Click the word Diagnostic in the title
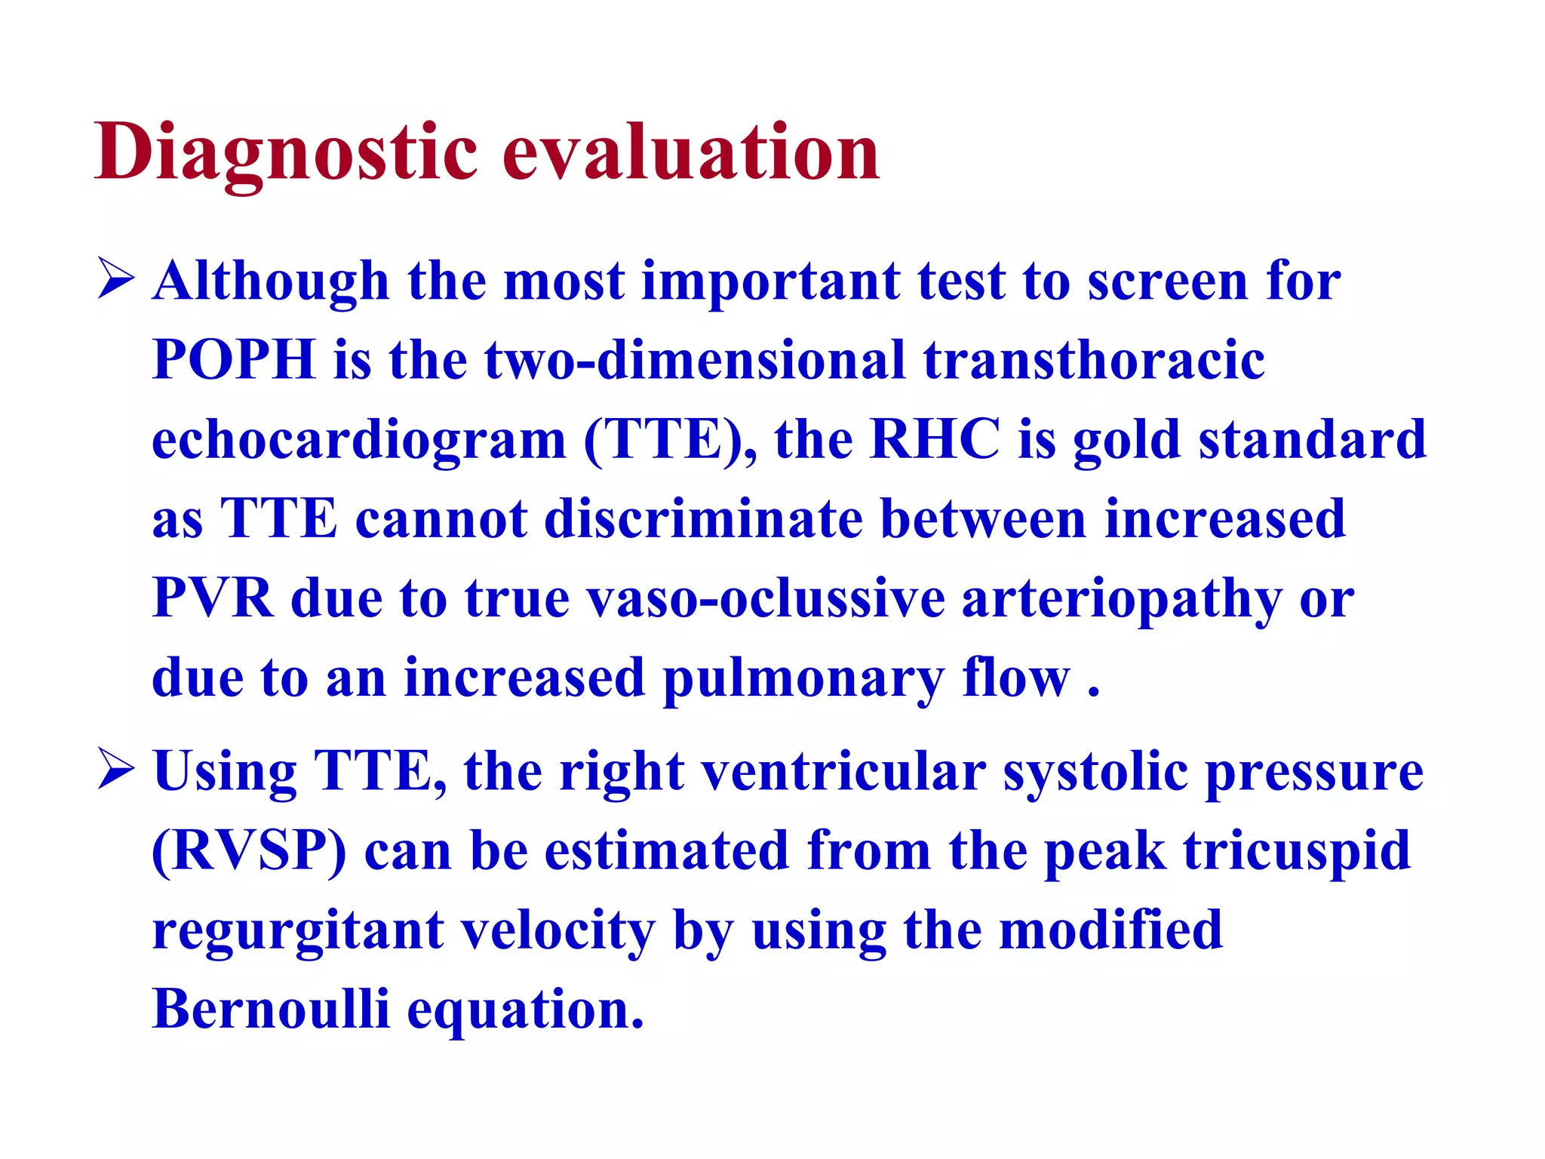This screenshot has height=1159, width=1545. pyautogui.click(x=286, y=153)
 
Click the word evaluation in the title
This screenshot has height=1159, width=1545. pyautogui.click(x=691, y=153)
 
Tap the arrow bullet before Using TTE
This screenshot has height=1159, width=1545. pyautogui.click(x=115, y=770)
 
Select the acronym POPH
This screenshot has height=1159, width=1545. pyautogui.click(x=234, y=359)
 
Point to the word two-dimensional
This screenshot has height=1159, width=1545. pyautogui.click(x=694, y=359)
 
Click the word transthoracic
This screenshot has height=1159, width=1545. pyautogui.click(x=1094, y=359)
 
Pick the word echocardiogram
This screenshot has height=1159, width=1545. pyautogui.click(x=359, y=440)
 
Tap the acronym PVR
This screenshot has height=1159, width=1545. pyautogui.click(x=213, y=598)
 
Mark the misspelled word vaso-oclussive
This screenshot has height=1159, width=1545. pyautogui.click(x=766, y=598)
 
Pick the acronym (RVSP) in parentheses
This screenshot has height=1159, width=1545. pyautogui.click(x=249, y=851)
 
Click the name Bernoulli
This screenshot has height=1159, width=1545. pyautogui.click(x=271, y=1009)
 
